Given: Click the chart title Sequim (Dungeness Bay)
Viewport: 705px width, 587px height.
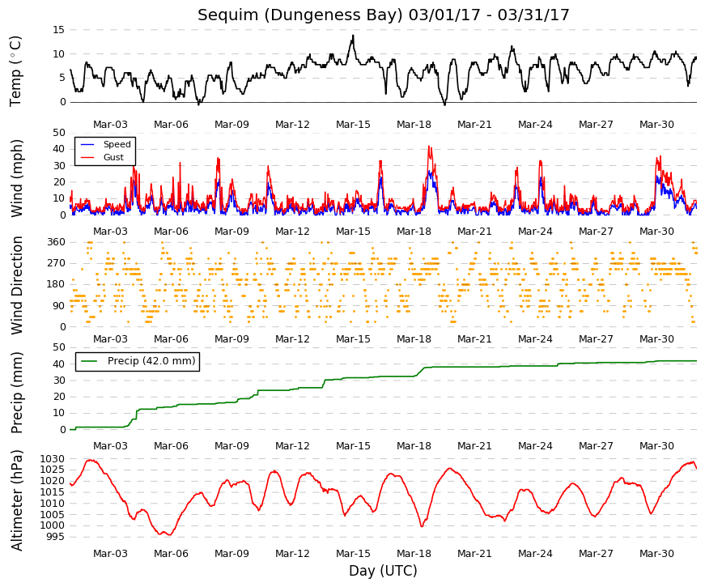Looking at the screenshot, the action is point(300,15).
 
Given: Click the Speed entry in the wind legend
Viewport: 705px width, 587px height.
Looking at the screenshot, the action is point(117,144).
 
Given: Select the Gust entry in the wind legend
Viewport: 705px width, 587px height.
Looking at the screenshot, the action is point(113,157).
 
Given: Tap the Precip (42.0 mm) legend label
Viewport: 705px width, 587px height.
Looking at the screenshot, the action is point(151,361).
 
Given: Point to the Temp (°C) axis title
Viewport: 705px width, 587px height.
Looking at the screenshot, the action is point(15,71).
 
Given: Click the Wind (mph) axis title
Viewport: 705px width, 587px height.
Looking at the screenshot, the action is point(16,178).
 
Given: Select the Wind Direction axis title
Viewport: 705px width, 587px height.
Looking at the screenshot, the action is point(17,286).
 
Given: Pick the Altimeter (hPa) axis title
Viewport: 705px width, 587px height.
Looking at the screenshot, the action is point(17,500).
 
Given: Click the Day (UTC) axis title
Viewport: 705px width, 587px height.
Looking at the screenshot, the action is point(383,571).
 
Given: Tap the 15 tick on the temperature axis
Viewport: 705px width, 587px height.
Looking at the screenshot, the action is point(59,30).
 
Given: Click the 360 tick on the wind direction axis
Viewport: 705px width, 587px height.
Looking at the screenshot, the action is point(56,242).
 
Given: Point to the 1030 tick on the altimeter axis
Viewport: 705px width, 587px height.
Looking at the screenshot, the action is point(52,459).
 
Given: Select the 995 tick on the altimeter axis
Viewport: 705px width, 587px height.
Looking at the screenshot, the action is point(55,537).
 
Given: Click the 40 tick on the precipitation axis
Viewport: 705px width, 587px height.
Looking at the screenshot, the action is point(59,364).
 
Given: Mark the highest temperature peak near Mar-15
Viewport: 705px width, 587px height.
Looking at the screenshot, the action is point(353,36).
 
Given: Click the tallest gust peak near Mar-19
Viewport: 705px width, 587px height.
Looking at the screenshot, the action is point(429,147).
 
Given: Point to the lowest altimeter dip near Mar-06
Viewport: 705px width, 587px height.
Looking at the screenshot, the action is point(169,535).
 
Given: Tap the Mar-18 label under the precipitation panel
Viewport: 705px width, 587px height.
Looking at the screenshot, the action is point(414,446).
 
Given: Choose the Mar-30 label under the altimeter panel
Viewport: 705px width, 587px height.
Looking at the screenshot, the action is point(656,554).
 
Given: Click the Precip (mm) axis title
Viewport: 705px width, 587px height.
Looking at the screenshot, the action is point(16,393).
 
